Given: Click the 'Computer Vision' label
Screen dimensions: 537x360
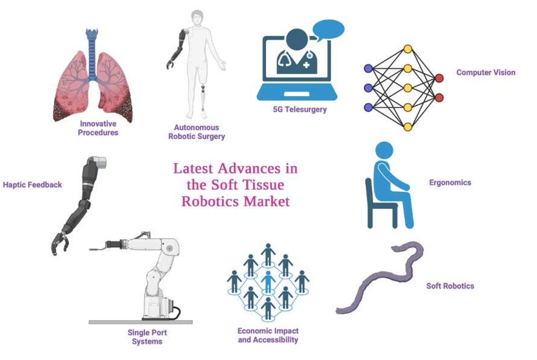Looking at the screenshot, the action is point(485,72).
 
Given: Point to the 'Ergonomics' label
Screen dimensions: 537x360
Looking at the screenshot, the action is point(450,182).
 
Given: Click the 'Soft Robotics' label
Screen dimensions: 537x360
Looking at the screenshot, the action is point(450,286).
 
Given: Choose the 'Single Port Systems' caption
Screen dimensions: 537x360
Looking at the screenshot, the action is point(147,337).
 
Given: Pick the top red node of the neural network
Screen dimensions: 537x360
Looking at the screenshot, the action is point(439,78).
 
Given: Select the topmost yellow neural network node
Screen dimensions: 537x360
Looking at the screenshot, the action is point(407,49).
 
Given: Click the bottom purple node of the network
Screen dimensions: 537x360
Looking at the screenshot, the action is point(368,107).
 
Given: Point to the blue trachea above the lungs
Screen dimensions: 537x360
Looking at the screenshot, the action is point(92,54).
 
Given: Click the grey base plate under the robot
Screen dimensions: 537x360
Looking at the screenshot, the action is point(140,321).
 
